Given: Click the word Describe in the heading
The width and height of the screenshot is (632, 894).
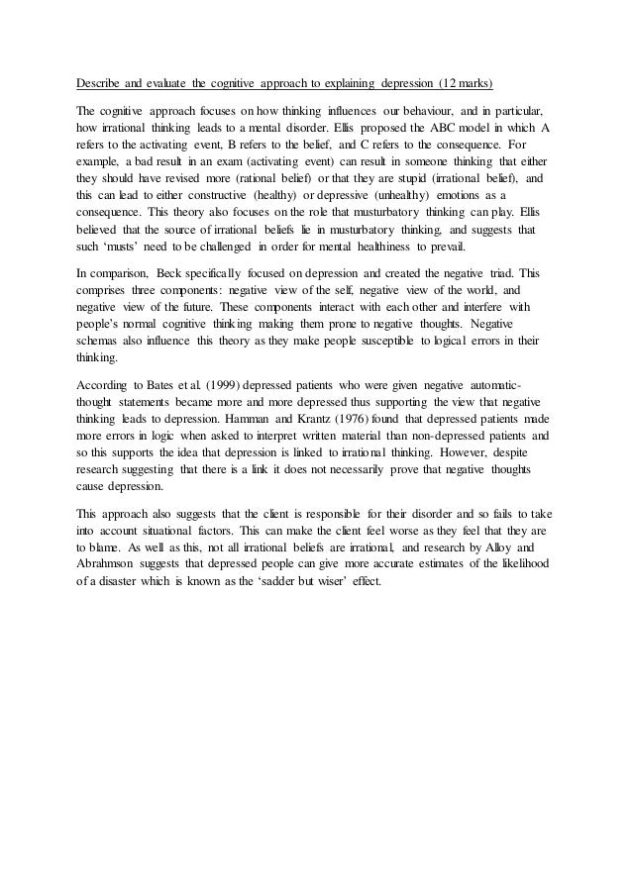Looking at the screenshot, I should point(102,81).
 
